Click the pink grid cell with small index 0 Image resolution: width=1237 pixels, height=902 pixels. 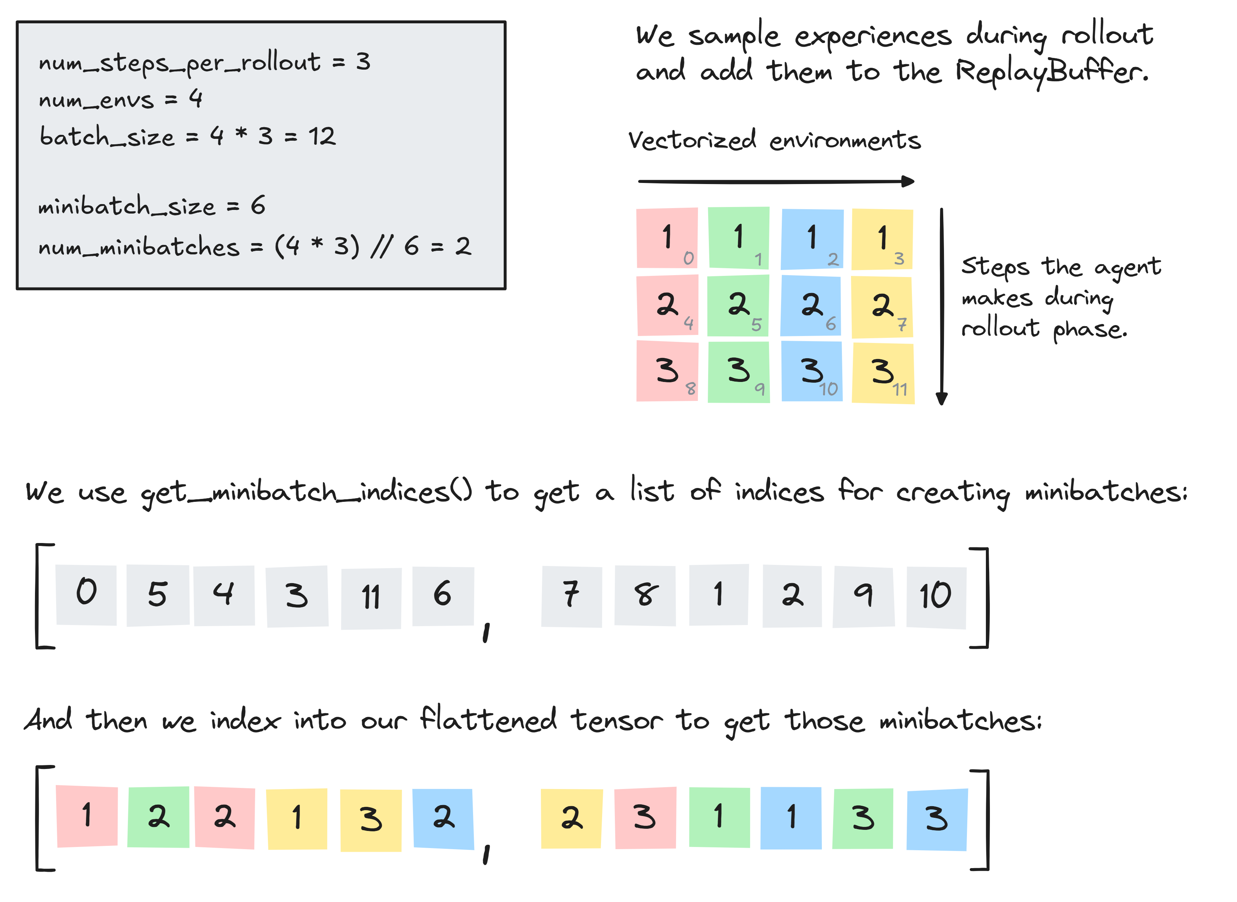(667, 238)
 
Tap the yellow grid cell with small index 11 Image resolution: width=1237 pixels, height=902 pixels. (883, 373)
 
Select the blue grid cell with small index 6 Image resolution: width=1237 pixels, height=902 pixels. (811, 306)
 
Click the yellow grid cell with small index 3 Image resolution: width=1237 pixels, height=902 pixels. (882, 239)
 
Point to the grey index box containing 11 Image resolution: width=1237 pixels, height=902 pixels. (371, 598)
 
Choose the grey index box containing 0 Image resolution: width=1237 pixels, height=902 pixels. (86, 595)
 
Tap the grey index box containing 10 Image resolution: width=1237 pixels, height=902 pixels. (936, 597)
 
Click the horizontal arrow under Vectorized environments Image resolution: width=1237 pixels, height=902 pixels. (775, 181)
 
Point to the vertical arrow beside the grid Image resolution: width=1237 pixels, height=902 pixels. (942, 306)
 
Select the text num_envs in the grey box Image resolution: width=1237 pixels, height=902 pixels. (96, 100)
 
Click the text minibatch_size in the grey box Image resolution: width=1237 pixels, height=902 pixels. (126, 206)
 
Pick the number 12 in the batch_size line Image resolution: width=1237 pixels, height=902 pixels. (322, 136)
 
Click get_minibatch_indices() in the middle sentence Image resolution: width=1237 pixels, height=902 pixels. (306, 492)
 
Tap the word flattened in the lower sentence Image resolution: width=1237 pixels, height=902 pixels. (489, 720)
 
